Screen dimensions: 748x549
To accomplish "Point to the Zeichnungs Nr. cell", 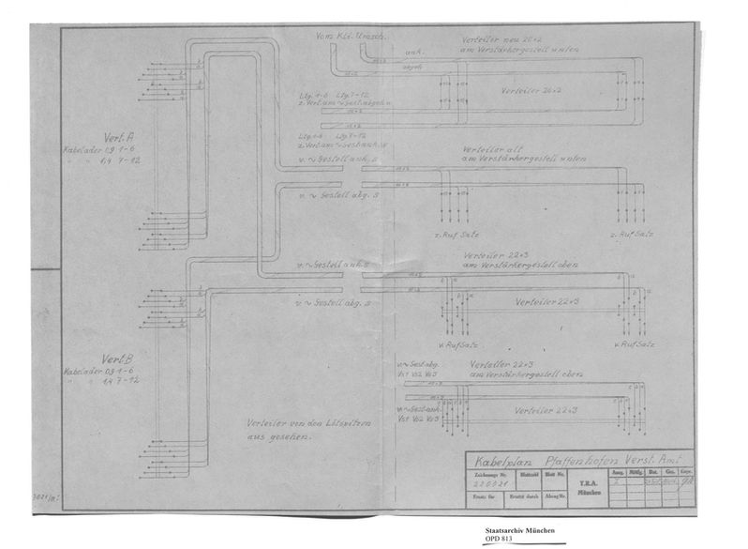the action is [x=489, y=480].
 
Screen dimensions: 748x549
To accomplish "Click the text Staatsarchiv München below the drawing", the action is [x=519, y=530].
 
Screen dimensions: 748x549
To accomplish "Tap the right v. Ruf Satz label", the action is [x=630, y=343].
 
